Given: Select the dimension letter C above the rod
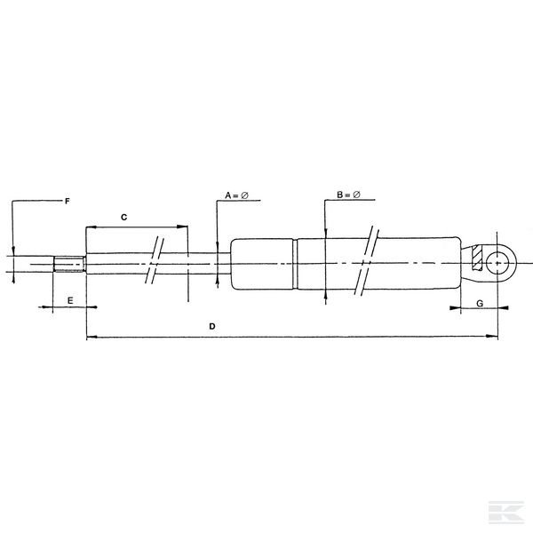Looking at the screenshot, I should coord(124,216).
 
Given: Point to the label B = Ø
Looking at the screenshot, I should coord(349,194).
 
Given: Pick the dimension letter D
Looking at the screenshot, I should coord(212,327).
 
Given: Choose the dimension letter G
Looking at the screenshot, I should coord(480,303).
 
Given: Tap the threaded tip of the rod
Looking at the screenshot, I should coord(68,264).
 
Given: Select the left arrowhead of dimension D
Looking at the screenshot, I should coord(90,337).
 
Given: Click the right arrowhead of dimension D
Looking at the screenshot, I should coord(493,337).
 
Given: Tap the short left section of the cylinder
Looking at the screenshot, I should coord(262,263).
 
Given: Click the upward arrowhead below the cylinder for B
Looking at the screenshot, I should coord(326,292).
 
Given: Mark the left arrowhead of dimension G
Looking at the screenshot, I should coord(455,310).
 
